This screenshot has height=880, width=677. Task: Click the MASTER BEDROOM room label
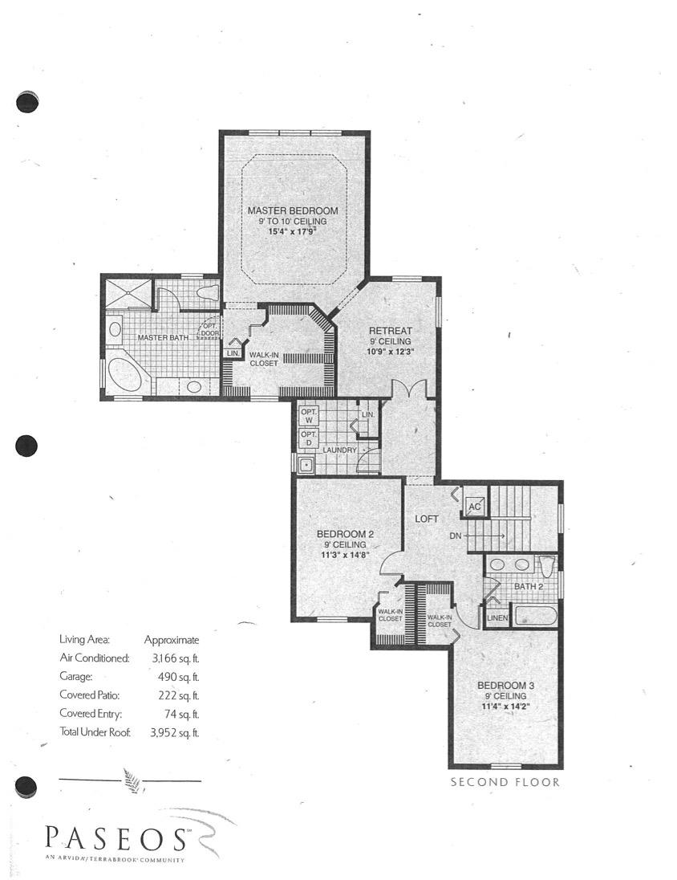[293, 210]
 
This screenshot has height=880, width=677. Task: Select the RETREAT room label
[390, 331]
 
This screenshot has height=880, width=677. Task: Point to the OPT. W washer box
[309, 415]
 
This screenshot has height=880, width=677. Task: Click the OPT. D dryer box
[309, 438]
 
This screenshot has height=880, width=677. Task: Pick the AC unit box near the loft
[473, 507]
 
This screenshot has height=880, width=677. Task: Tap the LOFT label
[426, 519]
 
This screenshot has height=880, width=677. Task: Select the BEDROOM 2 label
[345, 534]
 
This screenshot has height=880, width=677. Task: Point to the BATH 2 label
[529, 587]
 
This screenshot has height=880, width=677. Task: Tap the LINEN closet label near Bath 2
[498, 617]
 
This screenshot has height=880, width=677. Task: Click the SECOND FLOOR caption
[505, 782]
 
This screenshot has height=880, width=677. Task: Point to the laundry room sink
[306, 464]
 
